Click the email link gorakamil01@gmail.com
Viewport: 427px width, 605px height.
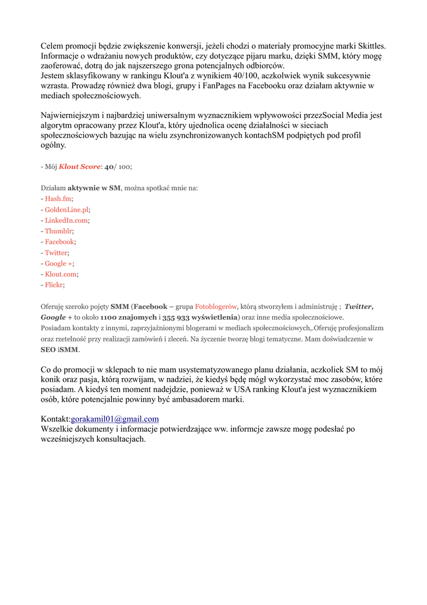[x=114, y=419]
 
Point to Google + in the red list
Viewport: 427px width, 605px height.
[x=58, y=264]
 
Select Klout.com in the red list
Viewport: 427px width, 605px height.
[x=61, y=274]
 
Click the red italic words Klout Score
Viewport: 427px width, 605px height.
[x=80, y=167]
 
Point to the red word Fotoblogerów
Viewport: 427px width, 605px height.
[x=216, y=307]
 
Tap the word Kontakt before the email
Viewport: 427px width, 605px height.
[x=55, y=419]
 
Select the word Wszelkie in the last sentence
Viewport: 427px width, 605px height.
[x=58, y=429]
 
